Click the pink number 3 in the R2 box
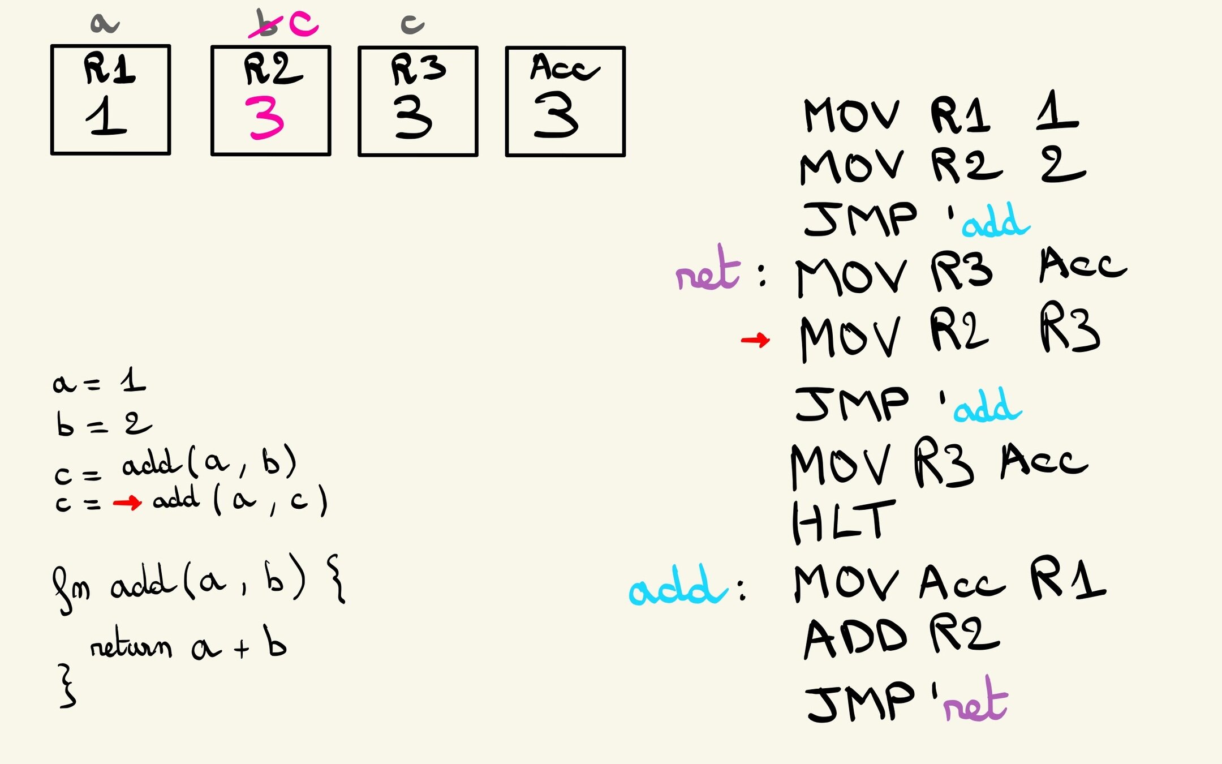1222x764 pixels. pyautogui.click(x=265, y=118)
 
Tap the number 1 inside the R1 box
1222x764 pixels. pyautogui.click(x=106, y=115)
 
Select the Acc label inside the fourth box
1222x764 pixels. pyautogui.click(x=563, y=68)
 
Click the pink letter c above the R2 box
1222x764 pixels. pyautogui.click(x=304, y=24)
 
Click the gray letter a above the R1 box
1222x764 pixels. pyautogui.click(x=105, y=24)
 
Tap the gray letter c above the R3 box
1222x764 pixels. pyautogui.click(x=412, y=24)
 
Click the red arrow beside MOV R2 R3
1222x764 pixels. pyautogui.click(x=755, y=340)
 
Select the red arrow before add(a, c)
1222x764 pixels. pyautogui.click(x=127, y=503)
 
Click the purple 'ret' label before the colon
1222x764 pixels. pyautogui.click(x=708, y=271)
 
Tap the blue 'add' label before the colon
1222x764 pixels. pyautogui.click(x=677, y=587)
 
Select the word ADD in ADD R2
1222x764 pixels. pyautogui.click(x=855, y=638)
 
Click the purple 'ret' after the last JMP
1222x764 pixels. pyautogui.click(x=976, y=702)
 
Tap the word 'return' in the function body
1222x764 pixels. pyautogui.click(x=131, y=644)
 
